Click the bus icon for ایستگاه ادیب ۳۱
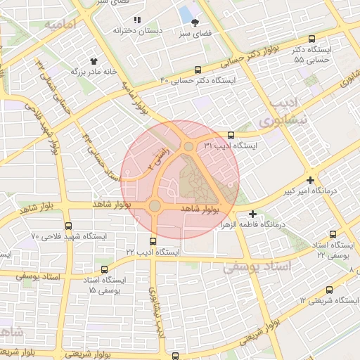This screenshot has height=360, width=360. click(x=231, y=135)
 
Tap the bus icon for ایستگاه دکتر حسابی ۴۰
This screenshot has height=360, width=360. click(x=198, y=70)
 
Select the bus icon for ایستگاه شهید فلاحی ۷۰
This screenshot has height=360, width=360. click(x=68, y=226)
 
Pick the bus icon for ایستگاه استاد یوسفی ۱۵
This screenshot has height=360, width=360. click(x=105, y=269)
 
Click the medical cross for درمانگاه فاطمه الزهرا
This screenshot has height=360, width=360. click(x=252, y=214)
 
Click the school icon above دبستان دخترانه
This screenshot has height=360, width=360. click(x=138, y=20)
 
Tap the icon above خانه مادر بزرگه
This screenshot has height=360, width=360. click(x=94, y=60)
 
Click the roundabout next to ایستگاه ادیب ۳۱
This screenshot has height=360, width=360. click(x=188, y=146)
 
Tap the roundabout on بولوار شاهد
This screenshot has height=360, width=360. click(x=155, y=205)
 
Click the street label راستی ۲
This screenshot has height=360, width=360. click(x=162, y=159)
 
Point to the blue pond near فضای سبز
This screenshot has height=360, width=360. click(x=186, y=13)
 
